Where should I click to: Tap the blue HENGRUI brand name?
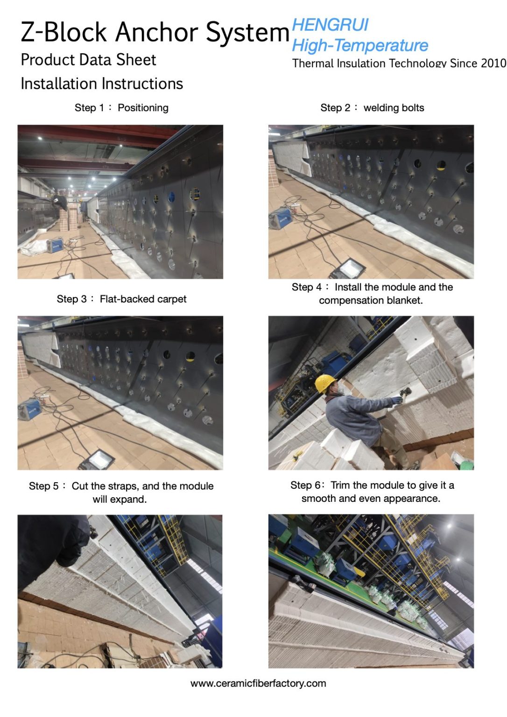coord(330,25)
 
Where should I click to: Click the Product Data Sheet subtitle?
coord(88,60)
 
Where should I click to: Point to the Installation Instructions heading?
coord(102,84)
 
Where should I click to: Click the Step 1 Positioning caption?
coord(121,108)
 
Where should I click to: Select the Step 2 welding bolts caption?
coord(372,108)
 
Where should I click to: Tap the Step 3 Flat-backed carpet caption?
coord(121,299)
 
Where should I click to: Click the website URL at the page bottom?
coord(258,684)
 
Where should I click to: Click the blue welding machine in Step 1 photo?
coord(55,245)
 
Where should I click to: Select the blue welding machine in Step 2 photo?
coord(281,218)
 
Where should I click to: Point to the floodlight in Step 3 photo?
coord(98,459)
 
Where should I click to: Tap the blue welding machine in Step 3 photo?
coord(30,409)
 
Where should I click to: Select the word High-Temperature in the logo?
coord(360,45)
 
